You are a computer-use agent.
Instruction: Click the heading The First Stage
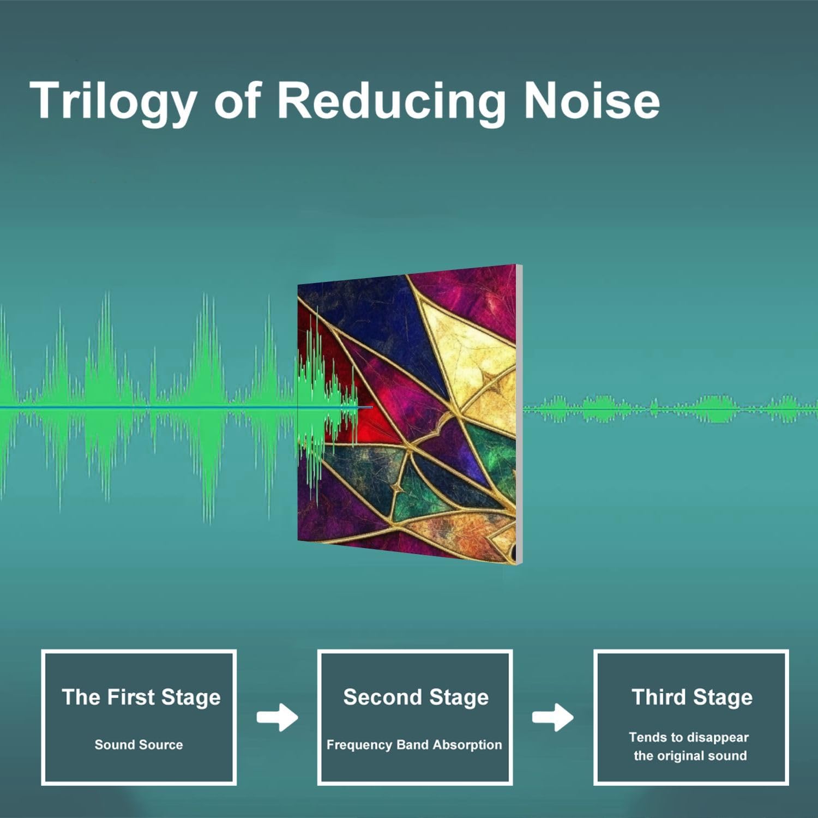pyautogui.click(x=141, y=697)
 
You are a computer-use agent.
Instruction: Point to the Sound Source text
pyautogui.click(x=139, y=745)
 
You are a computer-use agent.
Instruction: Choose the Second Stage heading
pyautogui.click(x=416, y=697)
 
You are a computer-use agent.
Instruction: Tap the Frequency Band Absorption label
pyautogui.click(x=414, y=745)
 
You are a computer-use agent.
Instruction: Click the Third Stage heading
pyautogui.click(x=691, y=697)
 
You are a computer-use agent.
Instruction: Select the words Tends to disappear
pyautogui.click(x=689, y=738)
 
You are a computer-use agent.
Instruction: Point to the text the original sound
pyautogui.click(x=690, y=756)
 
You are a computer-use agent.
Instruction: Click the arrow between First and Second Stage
pyautogui.click(x=278, y=717)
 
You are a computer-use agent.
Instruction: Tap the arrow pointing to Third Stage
pyautogui.click(x=552, y=717)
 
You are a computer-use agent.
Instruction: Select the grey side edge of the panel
pyautogui.click(x=519, y=414)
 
